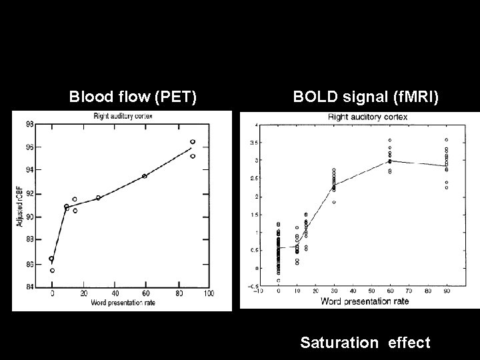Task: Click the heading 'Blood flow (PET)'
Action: pos(133,97)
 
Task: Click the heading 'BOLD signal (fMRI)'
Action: pos(366,97)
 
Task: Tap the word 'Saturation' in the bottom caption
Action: pos(339,343)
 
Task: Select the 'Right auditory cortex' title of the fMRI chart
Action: pos(367,117)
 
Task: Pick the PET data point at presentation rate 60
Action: pos(145,176)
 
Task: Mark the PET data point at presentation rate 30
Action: pos(98,197)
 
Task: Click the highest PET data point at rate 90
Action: pos(193,141)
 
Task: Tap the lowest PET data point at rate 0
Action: pos(52,271)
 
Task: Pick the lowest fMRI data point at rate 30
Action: pos(334,202)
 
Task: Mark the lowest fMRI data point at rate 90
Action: pos(446,188)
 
